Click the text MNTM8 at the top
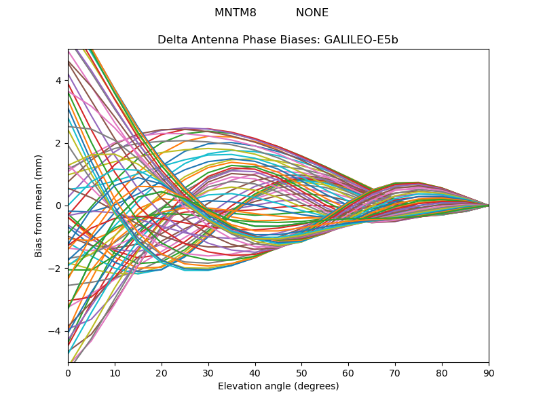(x=235, y=12)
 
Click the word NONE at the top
(x=312, y=12)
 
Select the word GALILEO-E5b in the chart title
(x=361, y=40)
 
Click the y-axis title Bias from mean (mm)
(x=38, y=206)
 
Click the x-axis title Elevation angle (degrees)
(x=278, y=386)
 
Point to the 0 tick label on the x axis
(x=69, y=373)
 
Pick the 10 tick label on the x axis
(x=115, y=373)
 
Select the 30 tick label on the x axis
(x=208, y=373)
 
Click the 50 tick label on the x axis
(x=301, y=373)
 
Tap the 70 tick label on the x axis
(x=395, y=373)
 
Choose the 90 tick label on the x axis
(x=489, y=373)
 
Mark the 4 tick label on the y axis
(x=58, y=81)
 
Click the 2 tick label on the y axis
(x=58, y=143)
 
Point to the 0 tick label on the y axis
(x=58, y=206)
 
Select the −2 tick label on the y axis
(x=55, y=269)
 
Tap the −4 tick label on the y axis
(x=55, y=331)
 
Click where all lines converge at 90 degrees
(x=489, y=206)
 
